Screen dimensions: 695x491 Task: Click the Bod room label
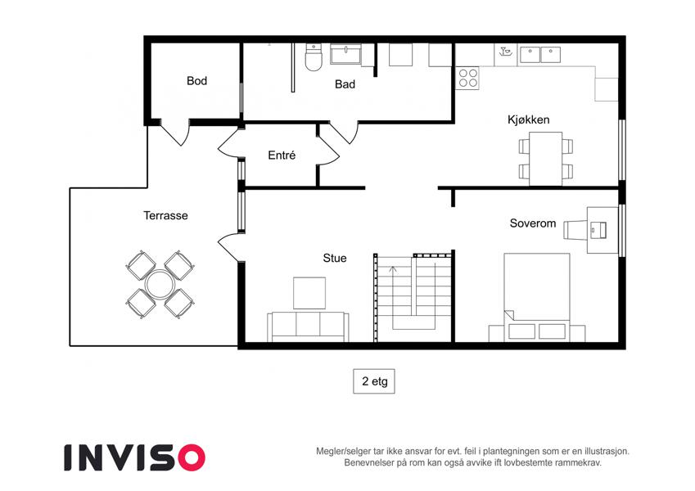pyautogui.click(x=196, y=81)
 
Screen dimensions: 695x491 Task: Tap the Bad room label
pyautogui.click(x=345, y=84)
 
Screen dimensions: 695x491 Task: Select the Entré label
pyautogui.click(x=282, y=155)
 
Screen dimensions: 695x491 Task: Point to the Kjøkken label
pyautogui.click(x=528, y=119)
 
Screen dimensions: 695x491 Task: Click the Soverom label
pyautogui.click(x=533, y=223)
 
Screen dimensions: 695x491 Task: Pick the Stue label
pyautogui.click(x=335, y=258)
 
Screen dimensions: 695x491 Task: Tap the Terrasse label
pyautogui.click(x=165, y=215)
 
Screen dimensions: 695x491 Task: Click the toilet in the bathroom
pyautogui.click(x=314, y=57)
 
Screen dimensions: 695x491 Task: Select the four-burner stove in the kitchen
pyautogui.click(x=467, y=78)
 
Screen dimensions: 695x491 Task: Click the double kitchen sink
pyautogui.click(x=540, y=55)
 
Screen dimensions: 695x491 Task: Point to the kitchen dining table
pyautogui.click(x=546, y=159)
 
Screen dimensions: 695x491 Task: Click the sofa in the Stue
pyautogui.click(x=308, y=327)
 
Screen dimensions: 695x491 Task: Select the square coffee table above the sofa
pyautogui.click(x=309, y=293)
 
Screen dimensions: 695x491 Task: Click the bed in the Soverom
pyautogui.click(x=537, y=297)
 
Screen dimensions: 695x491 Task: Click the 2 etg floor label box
pyautogui.click(x=374, y=381)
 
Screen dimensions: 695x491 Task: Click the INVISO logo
pyautogui.click(x=135, y=457)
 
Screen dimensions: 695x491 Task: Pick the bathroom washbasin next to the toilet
pyautogui.click(x=345, y=54)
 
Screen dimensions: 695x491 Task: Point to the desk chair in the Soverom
pyautogui.click(x=575, y=230)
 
